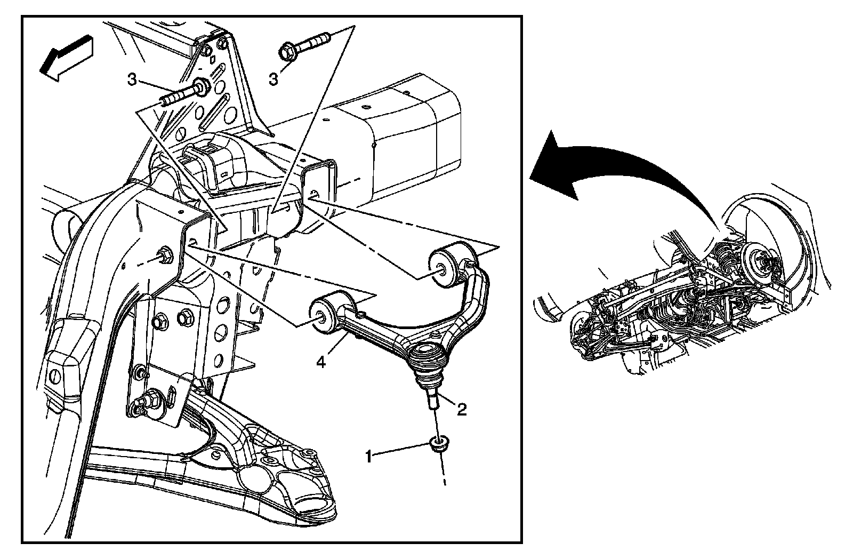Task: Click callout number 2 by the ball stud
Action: (x=461, y=409)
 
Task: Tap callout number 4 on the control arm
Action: (x=320, y=362)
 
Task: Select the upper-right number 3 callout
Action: (x=273, y=79)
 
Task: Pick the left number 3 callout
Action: (x=132, y=81)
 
